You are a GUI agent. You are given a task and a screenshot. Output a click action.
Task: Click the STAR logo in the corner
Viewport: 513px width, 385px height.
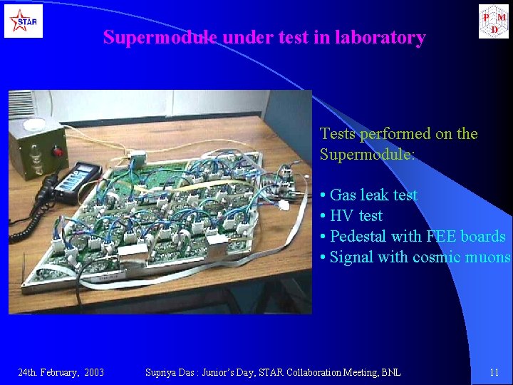23,21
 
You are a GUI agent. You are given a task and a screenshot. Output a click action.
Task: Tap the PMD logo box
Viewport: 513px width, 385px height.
493,21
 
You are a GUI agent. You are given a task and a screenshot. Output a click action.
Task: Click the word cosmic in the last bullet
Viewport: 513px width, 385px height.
436,257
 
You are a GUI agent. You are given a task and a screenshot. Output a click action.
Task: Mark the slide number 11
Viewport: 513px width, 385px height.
494,372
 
